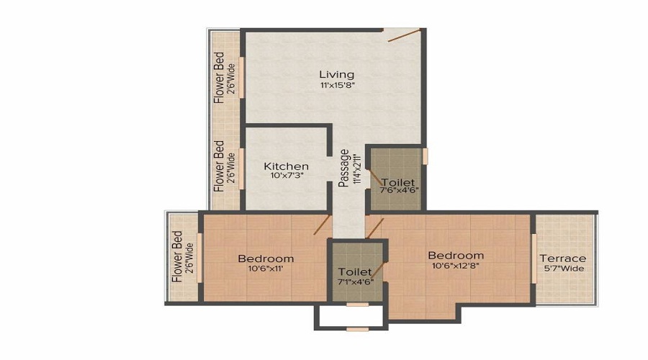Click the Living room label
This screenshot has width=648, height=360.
click(x=337, y=74)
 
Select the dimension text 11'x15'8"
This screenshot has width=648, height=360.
click(x=337, y=85)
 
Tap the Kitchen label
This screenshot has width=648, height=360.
click(x=286, y=166)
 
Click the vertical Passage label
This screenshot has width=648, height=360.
click(x=345, y=167)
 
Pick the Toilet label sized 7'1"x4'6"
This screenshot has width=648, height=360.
click(x=355, y=271)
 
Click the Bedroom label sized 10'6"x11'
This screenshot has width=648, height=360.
click(x=266, y=258)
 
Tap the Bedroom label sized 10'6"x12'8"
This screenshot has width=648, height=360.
click(x=456, y=256)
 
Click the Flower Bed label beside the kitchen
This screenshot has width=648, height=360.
click(x=218, y=164)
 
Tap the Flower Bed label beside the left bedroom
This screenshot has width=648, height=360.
click(x=176, y=256)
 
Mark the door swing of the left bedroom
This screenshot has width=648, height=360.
click(x=322, y=225)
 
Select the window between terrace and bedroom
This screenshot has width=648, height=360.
click(x=534, y=257)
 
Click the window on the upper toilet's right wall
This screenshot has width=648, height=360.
click(x=426, y=156)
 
